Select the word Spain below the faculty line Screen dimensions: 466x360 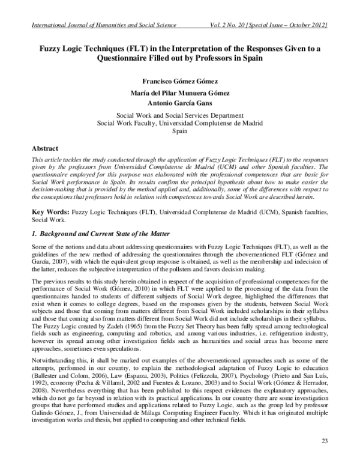click(x=180, y=135)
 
